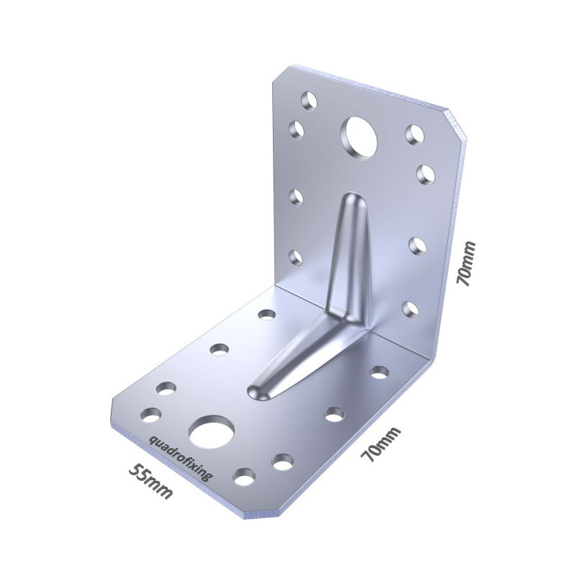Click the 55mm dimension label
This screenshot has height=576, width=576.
pos(150,482)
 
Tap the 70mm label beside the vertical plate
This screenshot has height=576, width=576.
pos(467,264)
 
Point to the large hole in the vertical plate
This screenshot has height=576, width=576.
pos(359,136)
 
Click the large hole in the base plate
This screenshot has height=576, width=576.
pos(212,431)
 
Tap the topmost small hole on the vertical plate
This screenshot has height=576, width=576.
pos(309,100)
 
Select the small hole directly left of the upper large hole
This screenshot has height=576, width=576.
pos(296,130)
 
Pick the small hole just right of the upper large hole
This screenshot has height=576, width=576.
pos(413,134)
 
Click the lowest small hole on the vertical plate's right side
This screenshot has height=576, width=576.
pos(410,309)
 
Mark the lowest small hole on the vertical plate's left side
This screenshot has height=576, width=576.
pos(294,257)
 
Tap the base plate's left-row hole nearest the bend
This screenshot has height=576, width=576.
pos(266,315)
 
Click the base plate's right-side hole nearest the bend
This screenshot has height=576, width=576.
pos(379,372)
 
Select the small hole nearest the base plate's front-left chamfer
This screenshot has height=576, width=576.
pos(151,414)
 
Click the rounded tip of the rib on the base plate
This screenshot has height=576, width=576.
pos(257,390)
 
